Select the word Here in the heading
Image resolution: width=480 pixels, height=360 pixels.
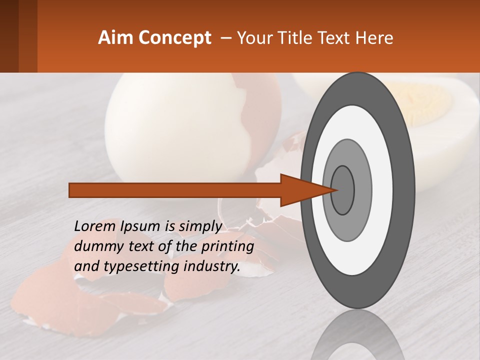(x=375, y=38)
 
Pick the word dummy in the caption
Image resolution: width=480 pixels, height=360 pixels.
(x=95, y=246)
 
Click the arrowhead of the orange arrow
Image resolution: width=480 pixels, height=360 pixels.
(x=300, y=190)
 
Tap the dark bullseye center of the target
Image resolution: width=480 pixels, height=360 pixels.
(x=342, y=190)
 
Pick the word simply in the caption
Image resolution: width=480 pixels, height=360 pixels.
(x=199, y=226)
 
